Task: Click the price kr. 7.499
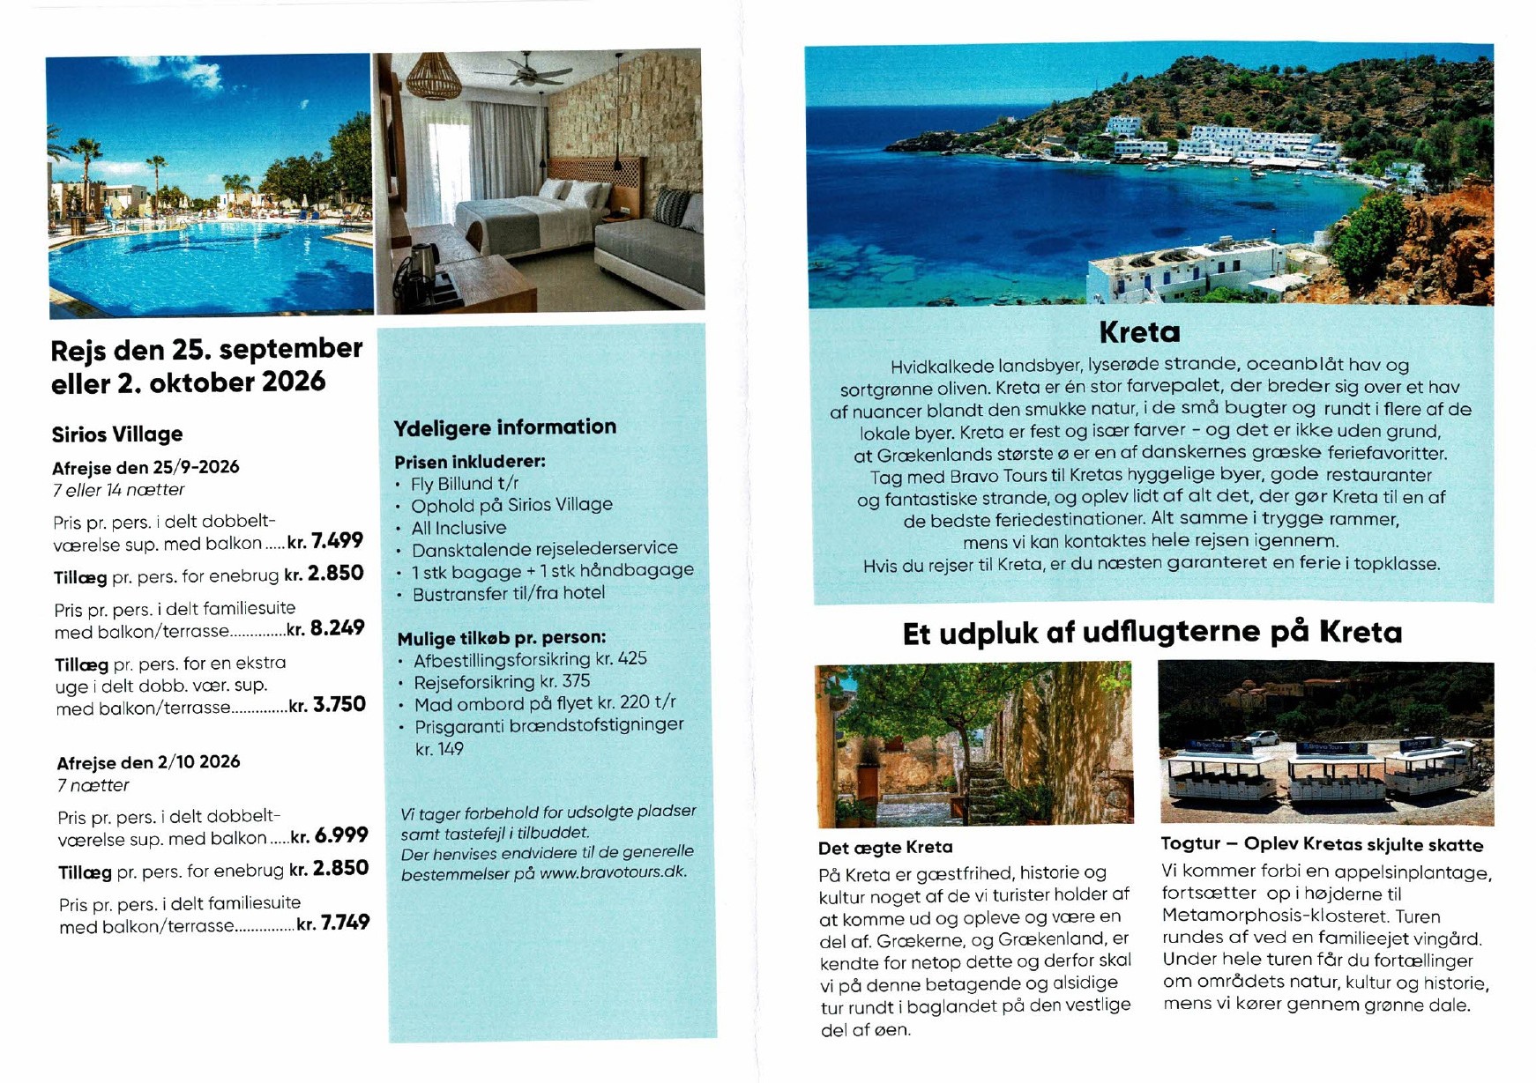click(325, 540)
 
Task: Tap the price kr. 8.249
click(325, 628)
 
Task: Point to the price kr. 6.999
click(330, 835)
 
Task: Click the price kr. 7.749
click(333, 924)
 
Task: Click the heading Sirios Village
click(117, 434)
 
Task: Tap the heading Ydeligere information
click(504, 427)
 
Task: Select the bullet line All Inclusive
click(459, 528)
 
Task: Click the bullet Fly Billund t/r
click(465, 484)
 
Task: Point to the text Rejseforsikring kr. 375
click(502, 681)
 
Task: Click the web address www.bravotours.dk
click(613, 873)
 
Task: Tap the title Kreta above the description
click(1139, 332)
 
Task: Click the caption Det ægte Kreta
click(885, 848)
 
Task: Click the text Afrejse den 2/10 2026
click(148, 762)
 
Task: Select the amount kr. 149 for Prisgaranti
click(439, 749)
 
